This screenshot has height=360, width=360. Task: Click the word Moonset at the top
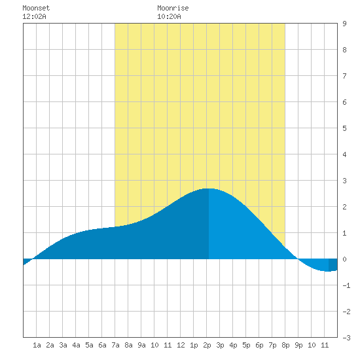pos(36,8)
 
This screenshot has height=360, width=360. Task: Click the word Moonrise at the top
pos(173,8)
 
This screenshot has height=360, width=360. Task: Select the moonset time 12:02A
pos(34,16)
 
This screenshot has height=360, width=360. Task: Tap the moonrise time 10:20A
pos(169,16)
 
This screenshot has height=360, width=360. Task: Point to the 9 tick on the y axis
pos(344,24)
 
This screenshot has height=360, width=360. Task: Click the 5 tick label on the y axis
pos(344,128)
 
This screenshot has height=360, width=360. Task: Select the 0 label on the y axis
pos(344,259)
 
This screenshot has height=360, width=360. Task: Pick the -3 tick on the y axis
pos(346,338)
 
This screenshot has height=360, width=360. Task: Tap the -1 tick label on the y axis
pos(346,285)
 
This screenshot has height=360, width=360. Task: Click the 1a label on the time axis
pos(37,345)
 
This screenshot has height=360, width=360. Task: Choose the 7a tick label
pos(115,345)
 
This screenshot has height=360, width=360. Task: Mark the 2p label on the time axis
pos(207,345)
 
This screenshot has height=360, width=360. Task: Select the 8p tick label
pos(285,345)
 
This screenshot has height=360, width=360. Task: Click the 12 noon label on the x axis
pos(181,345)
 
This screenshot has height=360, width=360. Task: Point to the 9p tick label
pos(298,345)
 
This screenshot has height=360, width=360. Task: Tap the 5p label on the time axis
pos(246,345)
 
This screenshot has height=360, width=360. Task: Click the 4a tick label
pos(76,345)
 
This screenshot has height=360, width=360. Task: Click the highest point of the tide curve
pos(209,189)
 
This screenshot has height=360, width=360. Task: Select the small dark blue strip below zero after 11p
pos(333,265)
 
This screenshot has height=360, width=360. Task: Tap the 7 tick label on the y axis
pos(344,76)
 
